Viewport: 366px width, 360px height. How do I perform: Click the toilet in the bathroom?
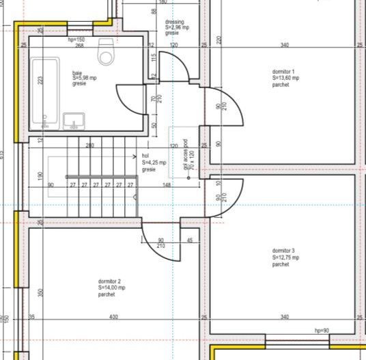(x=106, y=51)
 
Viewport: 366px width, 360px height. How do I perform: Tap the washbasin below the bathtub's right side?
(x=73, y=121)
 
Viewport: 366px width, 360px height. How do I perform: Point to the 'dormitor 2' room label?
(x=109, y=281)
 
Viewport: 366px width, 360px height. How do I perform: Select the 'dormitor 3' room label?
(x=283, y=251)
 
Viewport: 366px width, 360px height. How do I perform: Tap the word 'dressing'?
(x=175, y=22)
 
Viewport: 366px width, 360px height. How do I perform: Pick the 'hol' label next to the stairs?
(x=145, y=156)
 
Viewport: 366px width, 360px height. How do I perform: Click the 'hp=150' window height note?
(x=76, y=40)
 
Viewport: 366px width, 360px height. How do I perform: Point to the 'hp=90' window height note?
(x=322, y=331)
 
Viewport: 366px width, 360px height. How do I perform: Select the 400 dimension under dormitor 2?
(x=113, y=317)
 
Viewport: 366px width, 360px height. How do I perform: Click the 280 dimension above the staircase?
(x=90, y=146)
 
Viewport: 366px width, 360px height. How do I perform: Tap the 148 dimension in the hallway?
(x=167, y=184)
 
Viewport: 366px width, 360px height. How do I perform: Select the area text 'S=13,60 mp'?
(x=285, y=79)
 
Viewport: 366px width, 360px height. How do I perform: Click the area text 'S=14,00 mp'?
(x=112, y=288)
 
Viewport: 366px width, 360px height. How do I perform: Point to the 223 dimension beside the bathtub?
(x=40, y=81)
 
